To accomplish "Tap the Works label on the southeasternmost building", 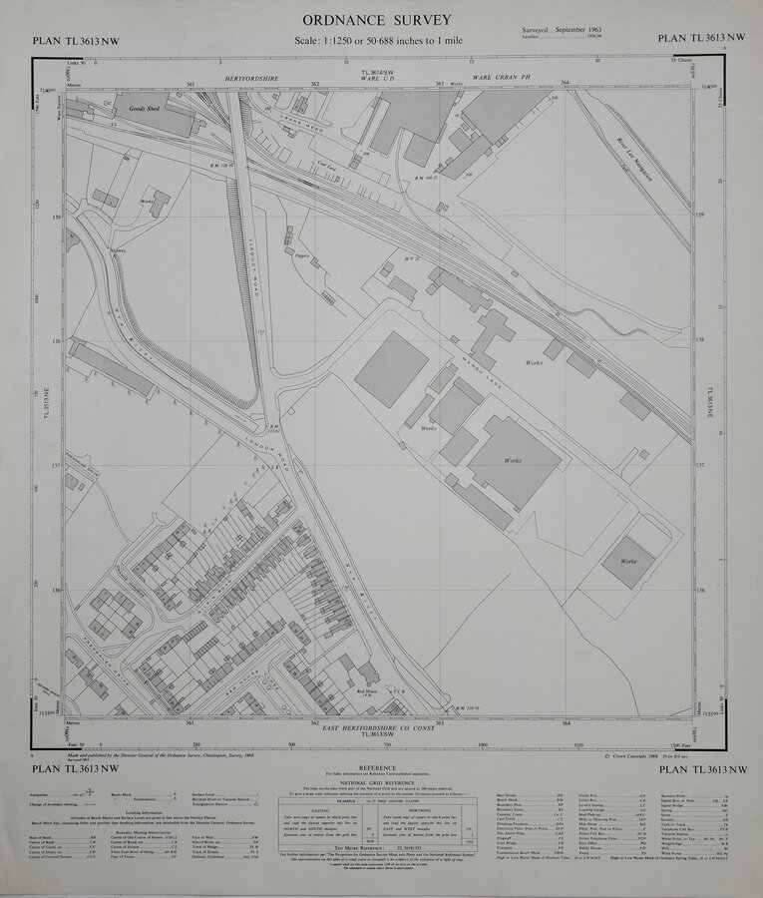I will [628, 562].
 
